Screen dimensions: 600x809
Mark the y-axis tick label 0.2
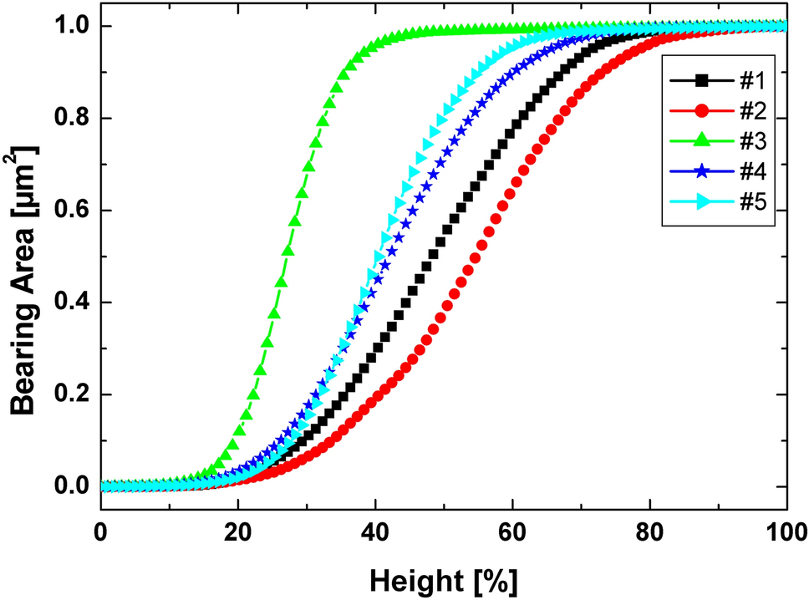tap(69, 394)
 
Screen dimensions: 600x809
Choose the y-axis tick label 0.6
tap(69, 211)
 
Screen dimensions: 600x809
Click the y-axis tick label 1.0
tap(69, 27)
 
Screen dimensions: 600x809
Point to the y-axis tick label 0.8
tap(69, 119)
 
